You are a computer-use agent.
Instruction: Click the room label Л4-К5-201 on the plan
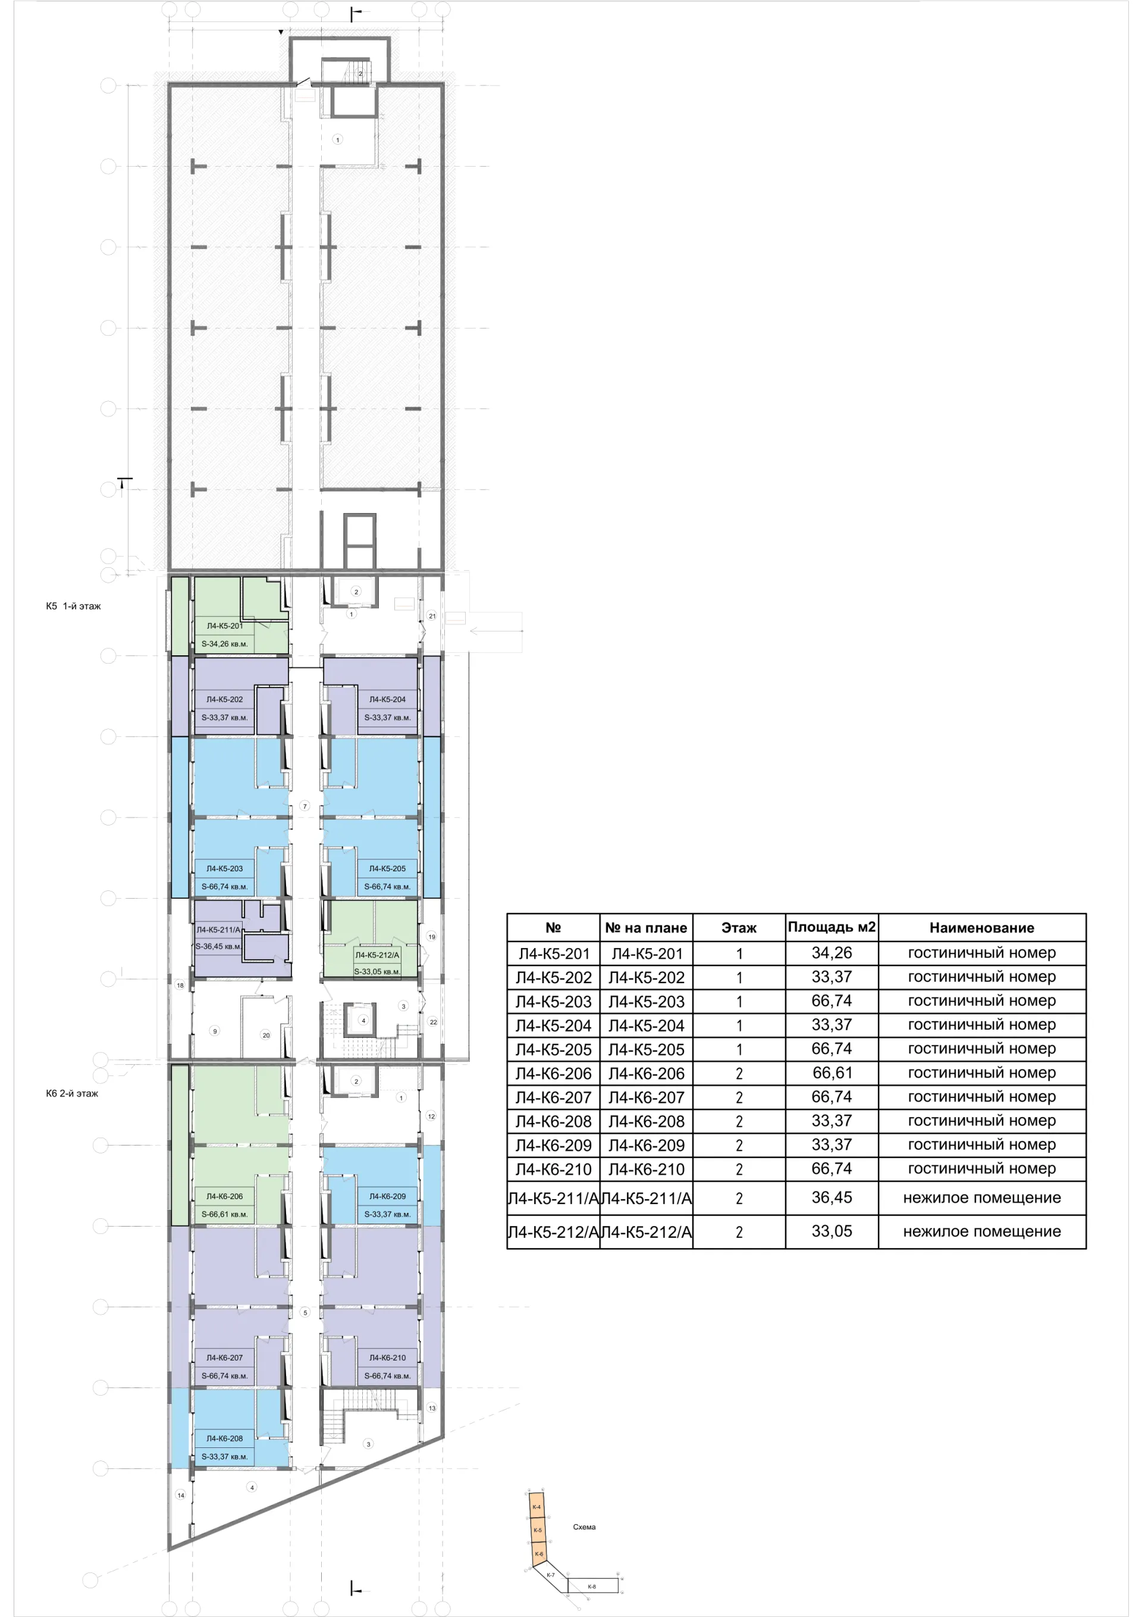225,625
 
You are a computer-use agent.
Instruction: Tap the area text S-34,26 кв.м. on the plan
225,644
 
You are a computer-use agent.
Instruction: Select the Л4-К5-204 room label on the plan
387,699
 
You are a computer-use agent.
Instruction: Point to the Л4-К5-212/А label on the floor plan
377,955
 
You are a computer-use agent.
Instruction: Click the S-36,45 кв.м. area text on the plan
219,946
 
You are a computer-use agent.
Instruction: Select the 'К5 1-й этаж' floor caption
73,606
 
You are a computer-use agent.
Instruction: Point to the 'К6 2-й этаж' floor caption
72,1094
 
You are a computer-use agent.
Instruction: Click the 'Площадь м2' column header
832,927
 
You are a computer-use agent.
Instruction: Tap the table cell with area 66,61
832,1072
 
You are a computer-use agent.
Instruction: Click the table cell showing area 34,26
832,953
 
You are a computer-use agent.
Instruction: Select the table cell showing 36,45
832,1197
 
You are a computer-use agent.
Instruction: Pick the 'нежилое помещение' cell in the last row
981,1231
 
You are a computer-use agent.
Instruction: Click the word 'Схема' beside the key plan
583,1527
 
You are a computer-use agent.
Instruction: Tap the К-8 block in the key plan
592,1586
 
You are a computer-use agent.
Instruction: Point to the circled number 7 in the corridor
304,806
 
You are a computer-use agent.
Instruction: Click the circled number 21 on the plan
432,615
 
